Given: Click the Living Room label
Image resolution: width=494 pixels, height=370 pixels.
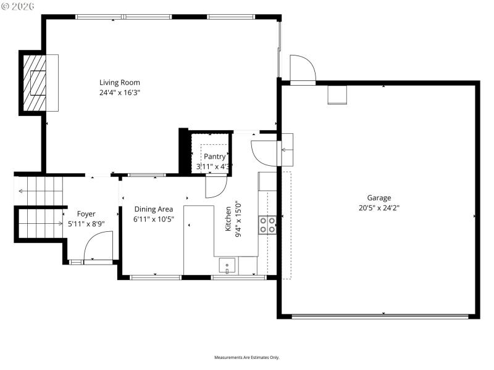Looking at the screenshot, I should tap(120, 83).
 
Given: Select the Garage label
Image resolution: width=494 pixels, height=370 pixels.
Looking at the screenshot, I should tap(379, 198).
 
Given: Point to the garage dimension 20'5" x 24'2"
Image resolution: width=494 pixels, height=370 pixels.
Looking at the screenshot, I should tap(379, 208).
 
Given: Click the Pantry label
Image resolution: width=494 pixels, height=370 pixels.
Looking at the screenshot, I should tap(215, 157).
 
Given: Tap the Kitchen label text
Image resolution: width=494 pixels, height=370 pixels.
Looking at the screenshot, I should tap(228, 219).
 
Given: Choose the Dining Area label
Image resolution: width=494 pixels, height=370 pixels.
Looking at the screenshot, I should tap(154, 209).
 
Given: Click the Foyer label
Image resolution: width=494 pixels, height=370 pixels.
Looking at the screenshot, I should tap(86, 214).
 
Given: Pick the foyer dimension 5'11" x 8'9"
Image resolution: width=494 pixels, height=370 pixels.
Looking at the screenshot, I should tap(86, 224).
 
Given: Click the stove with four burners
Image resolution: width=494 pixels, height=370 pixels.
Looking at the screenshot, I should tap(267, 225).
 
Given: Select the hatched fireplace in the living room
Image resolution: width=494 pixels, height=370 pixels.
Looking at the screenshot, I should tap(37, 82).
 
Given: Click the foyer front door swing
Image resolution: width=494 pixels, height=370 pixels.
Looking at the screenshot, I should tap(98, 246).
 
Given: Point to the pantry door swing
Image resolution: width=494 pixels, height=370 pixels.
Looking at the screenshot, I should tap(217, 186).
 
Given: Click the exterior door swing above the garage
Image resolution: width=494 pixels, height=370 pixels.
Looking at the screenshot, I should tap(303, 68).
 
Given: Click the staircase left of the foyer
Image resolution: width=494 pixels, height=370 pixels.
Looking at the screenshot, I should tap(41, 207).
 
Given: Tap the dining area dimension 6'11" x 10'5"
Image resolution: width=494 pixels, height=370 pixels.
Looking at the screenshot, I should tap(154, 219).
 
